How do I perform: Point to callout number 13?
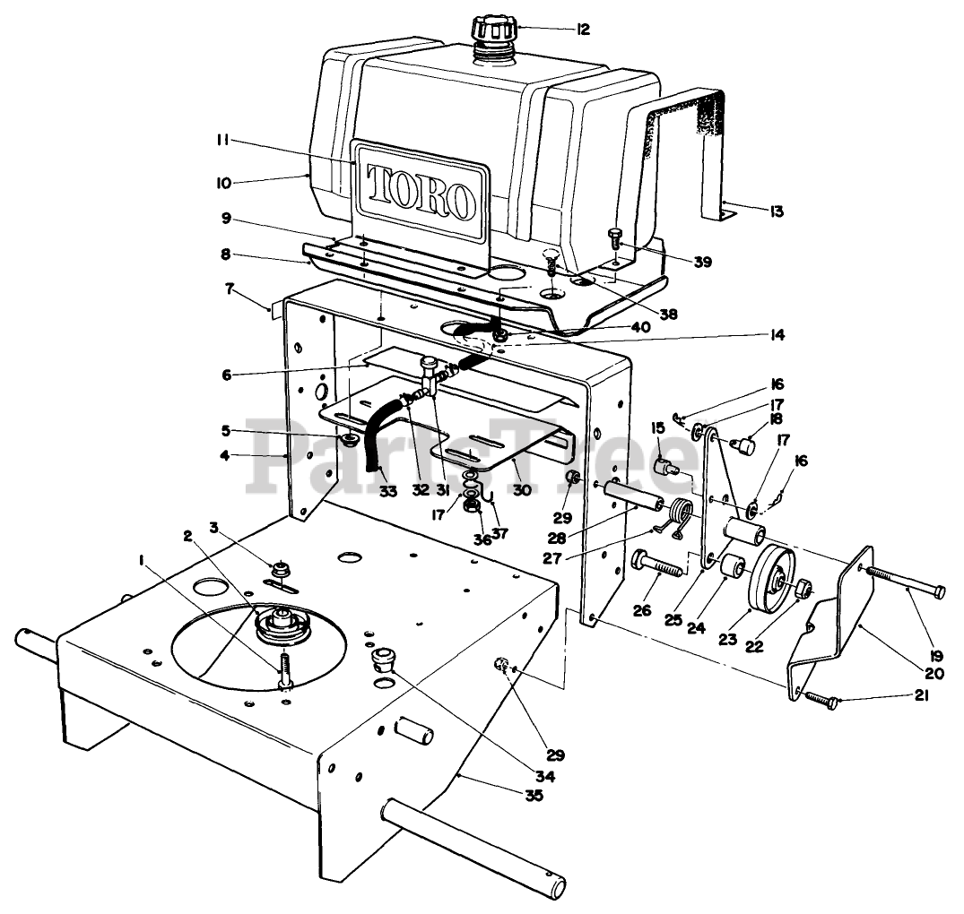coord(776,211)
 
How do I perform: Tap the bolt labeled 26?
coord(657,565)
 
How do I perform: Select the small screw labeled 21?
coord(821,700)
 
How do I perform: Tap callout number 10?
coord(221,183)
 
